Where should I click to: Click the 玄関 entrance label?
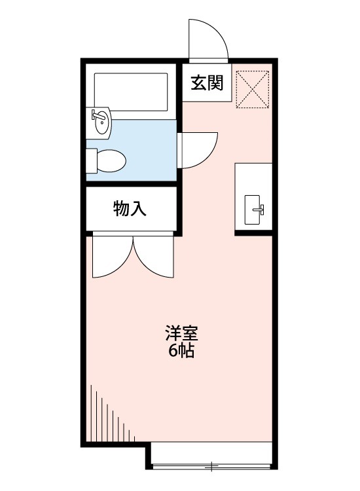pyautogui.click(x=206, y=83)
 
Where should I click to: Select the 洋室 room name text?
pyautogui.click(x=181, y=333)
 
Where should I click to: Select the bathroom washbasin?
pyautogui.click(x=101, y=122)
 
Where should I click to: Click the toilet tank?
pyautogui.click(x=92, y=160)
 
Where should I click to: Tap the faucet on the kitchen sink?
pyautogui.click(x=259, y=209)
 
